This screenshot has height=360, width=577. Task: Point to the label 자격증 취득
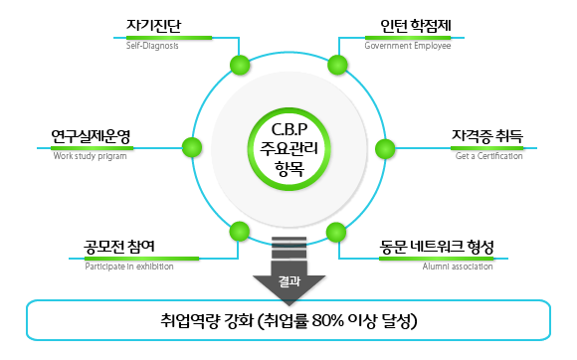tap(487, 136)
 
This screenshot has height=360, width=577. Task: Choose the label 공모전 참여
tap(119, 247)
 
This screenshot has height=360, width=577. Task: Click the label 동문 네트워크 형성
tap(437, 247)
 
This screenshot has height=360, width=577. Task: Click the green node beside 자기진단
tap(240, 66)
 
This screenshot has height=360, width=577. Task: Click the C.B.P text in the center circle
tap(288, 130)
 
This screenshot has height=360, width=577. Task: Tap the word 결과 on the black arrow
tap(288, 281)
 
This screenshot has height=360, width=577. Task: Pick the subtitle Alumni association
tap(458, 267)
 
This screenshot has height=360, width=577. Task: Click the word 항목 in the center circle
tap(288, 170)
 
